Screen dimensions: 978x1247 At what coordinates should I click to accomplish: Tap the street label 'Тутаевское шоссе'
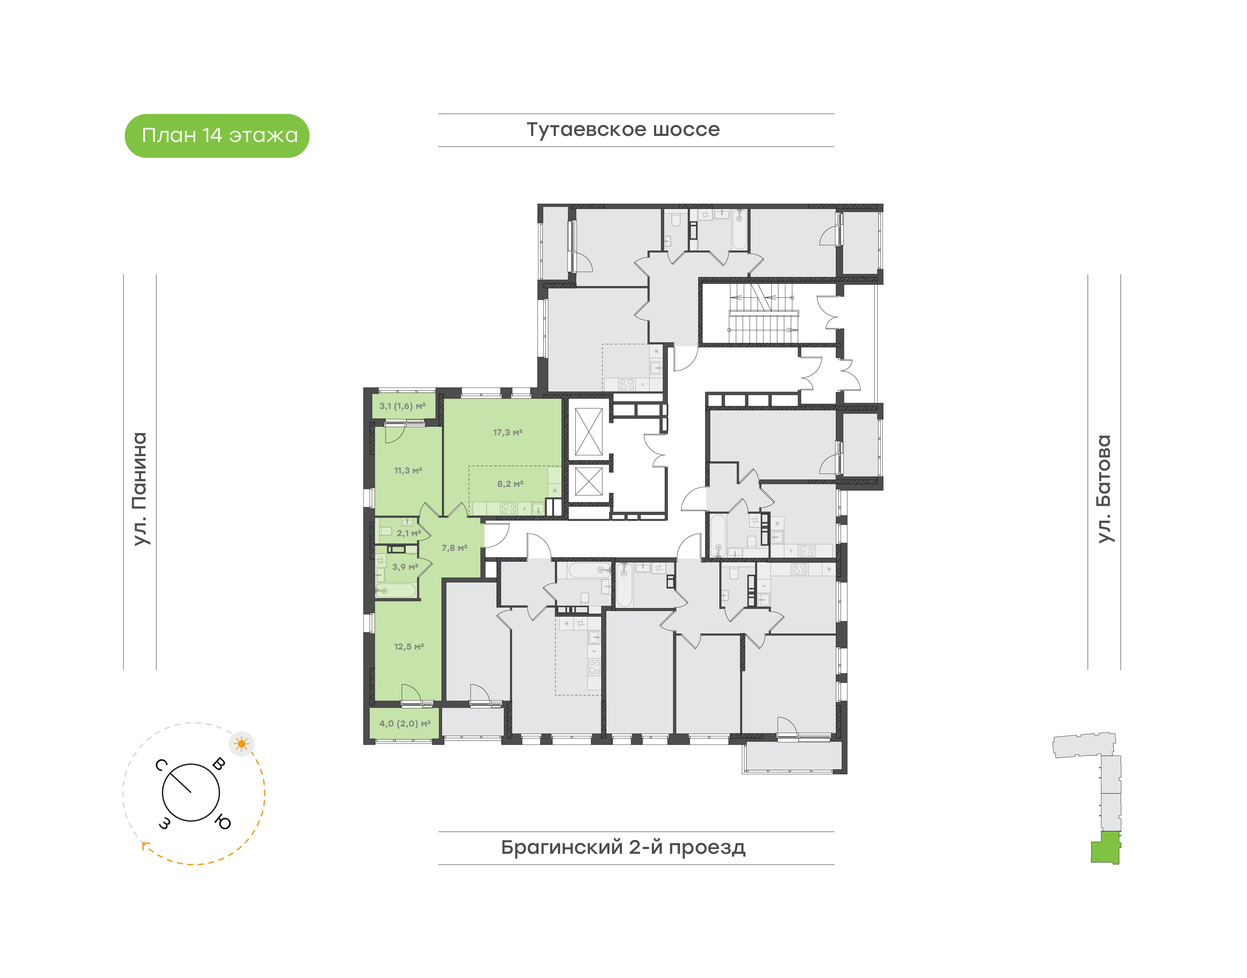(x=623, y=129)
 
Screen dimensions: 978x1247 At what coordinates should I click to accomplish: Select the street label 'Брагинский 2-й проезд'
(x=623, y=847)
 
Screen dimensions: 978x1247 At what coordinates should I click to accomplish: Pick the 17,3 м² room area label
(x=508, y=432)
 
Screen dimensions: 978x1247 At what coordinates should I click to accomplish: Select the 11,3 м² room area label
(x=408, y=471)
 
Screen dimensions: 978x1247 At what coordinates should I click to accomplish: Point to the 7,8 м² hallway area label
(x=454, y=548)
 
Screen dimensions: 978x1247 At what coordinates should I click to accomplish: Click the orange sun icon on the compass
(x=242, y=744)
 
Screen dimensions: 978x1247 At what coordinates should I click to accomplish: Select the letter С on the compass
(x=161, y=765)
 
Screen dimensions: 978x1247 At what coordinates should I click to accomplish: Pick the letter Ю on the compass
(x=223, y=823)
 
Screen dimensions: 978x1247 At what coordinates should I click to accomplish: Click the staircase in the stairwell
(x=762, y=314)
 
